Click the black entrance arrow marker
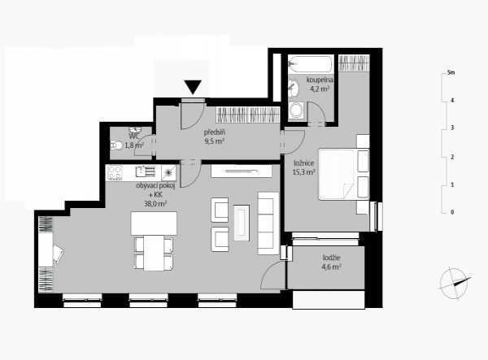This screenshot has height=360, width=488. [x=193, y=87]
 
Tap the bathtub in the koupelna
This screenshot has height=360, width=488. [x=310, y=64]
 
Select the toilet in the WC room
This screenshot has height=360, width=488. [x=116, y=145]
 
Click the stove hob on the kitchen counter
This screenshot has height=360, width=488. [x=115, y=173]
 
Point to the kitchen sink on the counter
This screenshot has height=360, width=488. [x=145, y=171]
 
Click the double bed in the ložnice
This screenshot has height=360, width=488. [x=343, y=174]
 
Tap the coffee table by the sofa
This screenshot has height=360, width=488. [x=242, y=223]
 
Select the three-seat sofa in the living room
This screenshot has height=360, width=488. [x=268, y=223]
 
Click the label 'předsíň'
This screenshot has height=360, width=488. [x=215, y=132]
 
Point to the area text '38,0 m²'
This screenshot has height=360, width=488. [x=155, y=204]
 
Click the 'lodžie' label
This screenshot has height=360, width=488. [x=332, y=258]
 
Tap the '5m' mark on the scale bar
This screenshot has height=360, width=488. [x=451, y=73]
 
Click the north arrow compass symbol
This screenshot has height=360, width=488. [x=455, y=284]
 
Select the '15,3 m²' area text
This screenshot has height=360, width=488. [x=303, y=172]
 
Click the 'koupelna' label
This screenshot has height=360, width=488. [x=320, y=80]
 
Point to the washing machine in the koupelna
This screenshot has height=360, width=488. [x=296, y=110]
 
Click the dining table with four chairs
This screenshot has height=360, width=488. [x=154, y=253]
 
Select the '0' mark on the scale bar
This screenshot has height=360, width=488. [x=452, y=212]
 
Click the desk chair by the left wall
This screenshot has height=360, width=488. [x=59, y=254]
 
